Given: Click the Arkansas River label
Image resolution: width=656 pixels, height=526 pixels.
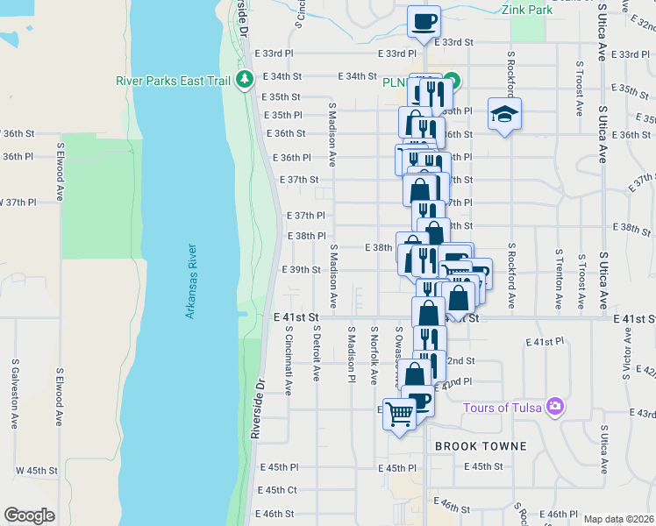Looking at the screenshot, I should (x=190, y=281).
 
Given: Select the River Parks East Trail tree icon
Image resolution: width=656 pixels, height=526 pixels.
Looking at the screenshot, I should (x=245, y=81).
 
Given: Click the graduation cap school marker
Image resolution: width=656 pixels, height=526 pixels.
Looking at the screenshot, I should (x=504, y=115).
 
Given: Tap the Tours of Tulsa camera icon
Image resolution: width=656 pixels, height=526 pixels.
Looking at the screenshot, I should (x=553, y=407).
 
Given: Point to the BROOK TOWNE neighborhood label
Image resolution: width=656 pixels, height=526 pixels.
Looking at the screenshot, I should (x=481, y=446).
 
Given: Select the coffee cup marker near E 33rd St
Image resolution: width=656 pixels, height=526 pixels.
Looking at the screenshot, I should (x=424, y=20).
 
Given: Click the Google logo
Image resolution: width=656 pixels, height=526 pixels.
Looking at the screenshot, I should (x=29, y=515).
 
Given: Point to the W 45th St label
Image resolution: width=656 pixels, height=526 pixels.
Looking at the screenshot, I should (x=36, y=470).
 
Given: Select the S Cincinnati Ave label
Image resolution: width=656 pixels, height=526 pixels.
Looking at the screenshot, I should (x=289, y=361).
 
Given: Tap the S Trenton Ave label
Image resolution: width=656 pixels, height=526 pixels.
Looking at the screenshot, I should (x=558, y=279).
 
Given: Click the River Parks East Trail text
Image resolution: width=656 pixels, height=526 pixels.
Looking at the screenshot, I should (x=173, y=82).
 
